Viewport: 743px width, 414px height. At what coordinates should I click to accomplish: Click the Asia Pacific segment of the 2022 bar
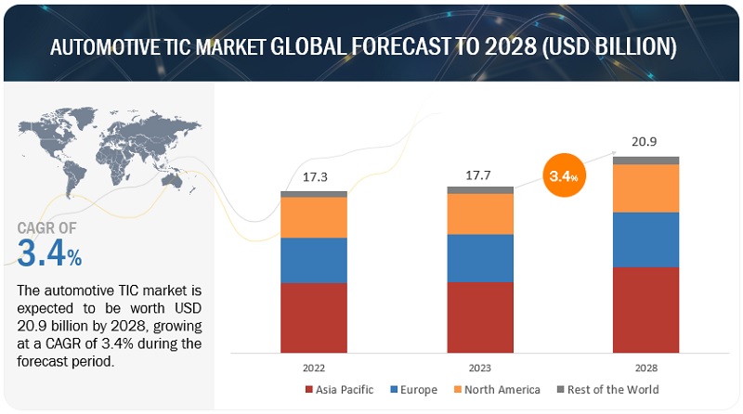(313, 317)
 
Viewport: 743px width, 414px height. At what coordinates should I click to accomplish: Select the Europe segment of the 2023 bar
(479, 257)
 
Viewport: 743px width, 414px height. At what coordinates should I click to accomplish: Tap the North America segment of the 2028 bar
(645, 188)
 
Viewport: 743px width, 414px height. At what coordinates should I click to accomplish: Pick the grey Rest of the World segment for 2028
(645, 161)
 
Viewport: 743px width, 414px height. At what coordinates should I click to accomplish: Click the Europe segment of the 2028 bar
(645, 239)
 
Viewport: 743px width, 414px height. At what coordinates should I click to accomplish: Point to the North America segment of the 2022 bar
(313, 217)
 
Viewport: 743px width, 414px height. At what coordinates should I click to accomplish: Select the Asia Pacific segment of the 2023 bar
(479, 317)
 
